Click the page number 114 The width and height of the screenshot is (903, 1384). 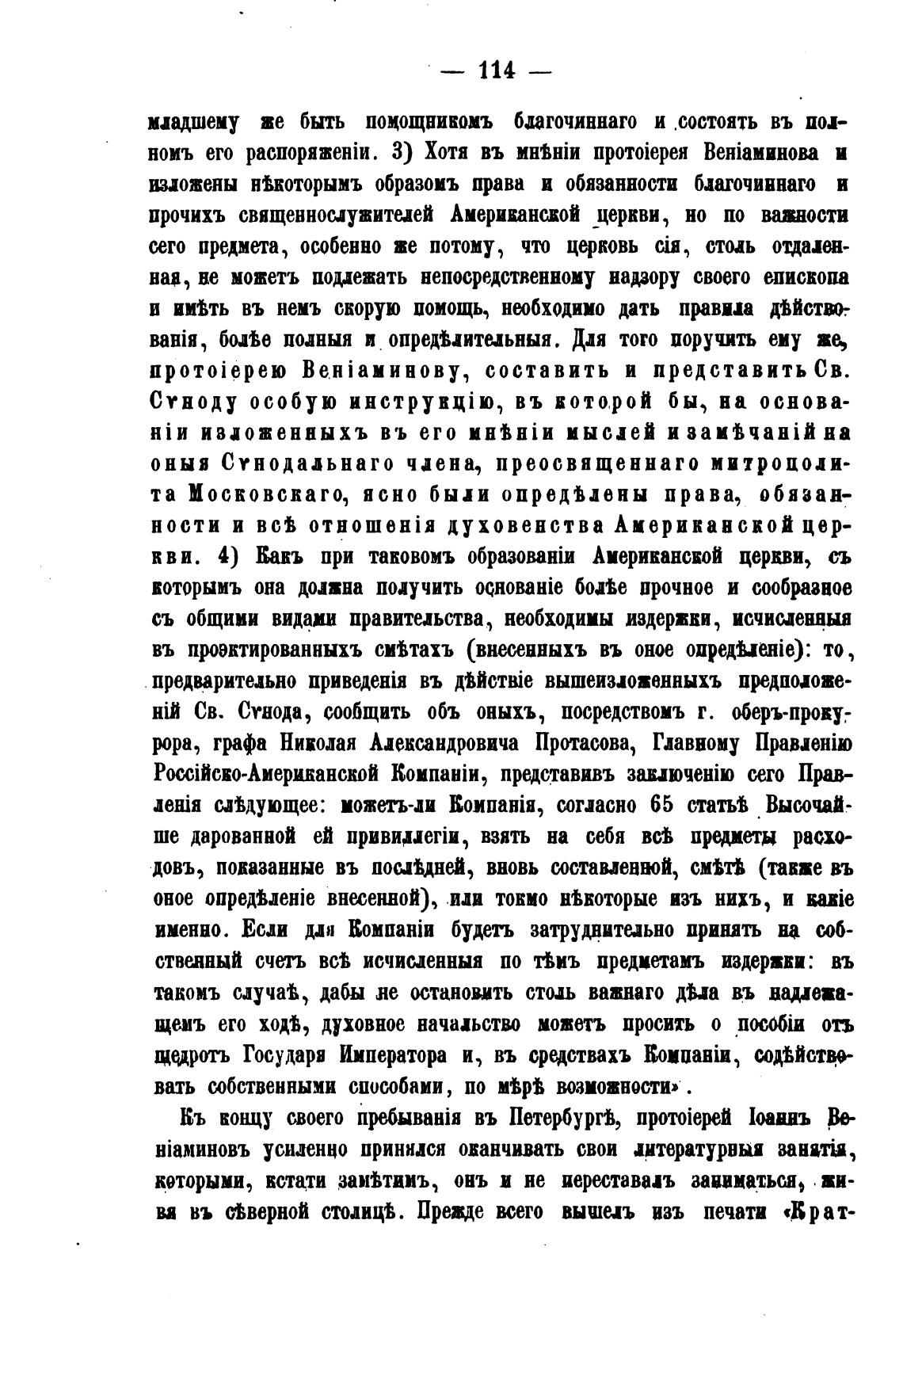(x=497, y=71)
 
